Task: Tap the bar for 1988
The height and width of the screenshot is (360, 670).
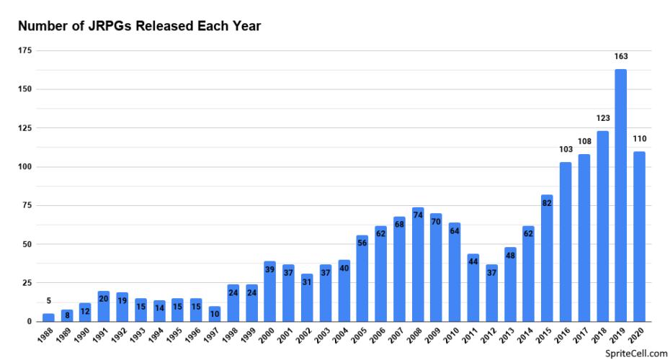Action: [48, 318]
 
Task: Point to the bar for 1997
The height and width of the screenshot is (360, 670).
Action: [215, 314]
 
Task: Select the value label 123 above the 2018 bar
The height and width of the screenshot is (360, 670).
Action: [602, 117]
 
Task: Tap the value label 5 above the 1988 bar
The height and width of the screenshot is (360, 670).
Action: [48, 301]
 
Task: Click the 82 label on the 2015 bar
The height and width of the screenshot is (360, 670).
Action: [547, 202]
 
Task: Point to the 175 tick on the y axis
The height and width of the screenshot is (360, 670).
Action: [25, 50]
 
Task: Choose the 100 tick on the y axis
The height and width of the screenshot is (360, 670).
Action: [25, 167]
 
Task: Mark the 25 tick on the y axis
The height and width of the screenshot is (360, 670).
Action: [27, 283]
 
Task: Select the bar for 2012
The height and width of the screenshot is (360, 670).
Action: [491, 293]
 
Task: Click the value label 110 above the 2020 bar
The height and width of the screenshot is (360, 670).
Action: [639, 138]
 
